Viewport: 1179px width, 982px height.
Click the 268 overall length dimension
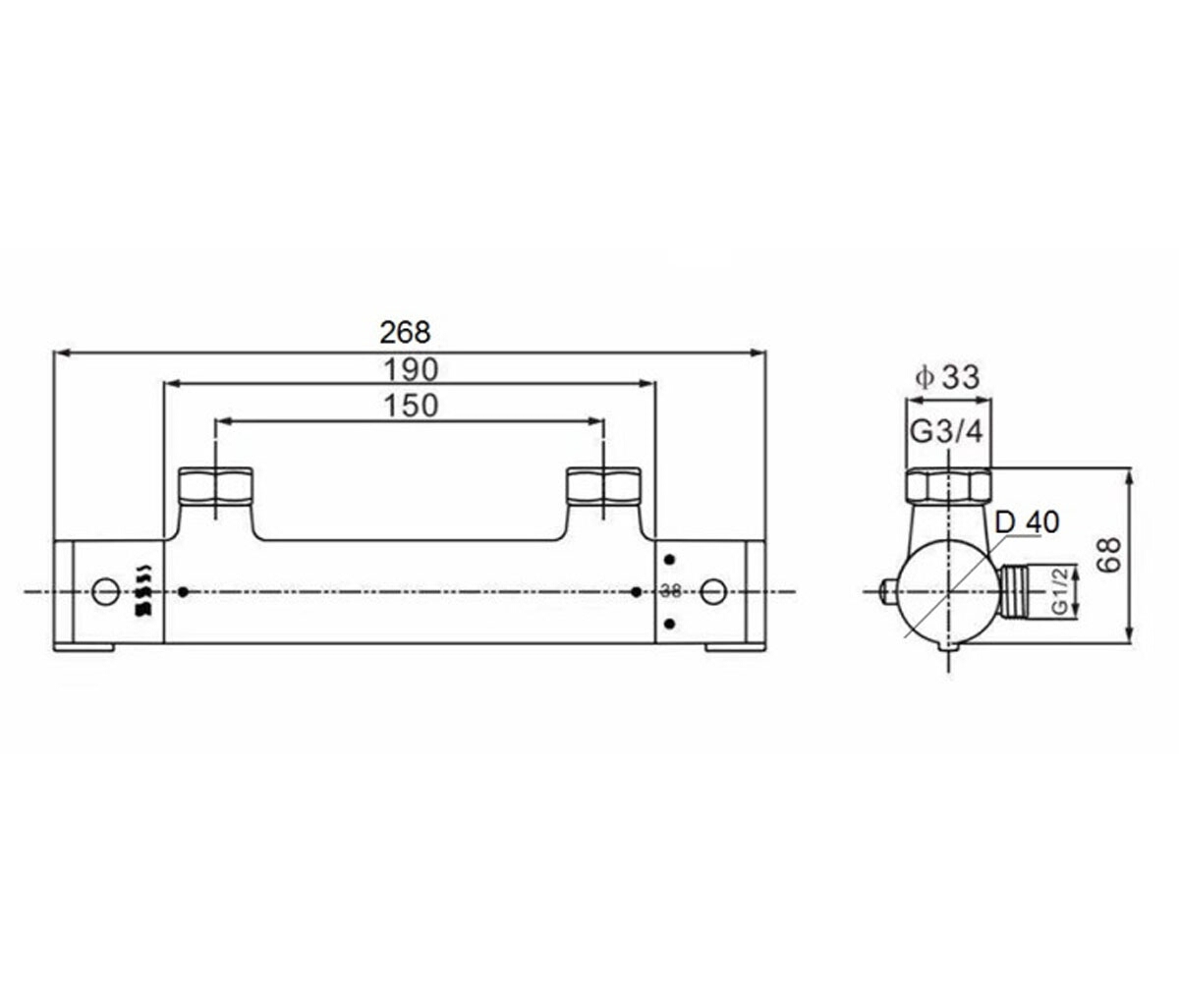(405, 333)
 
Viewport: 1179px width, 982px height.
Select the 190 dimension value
(411, 370)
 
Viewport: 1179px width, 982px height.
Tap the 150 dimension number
(411, 406)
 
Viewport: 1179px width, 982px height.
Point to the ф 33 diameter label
(947, 377)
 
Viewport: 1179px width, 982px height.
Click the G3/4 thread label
(947, 432)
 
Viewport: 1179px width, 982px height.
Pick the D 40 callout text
(1027, 522)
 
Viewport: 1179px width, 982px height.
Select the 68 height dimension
(1110, 556)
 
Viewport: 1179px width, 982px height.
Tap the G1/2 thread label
(1060, 591)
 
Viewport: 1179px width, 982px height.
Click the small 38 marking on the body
(671, 591)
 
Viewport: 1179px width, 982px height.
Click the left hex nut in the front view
(216, 486)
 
